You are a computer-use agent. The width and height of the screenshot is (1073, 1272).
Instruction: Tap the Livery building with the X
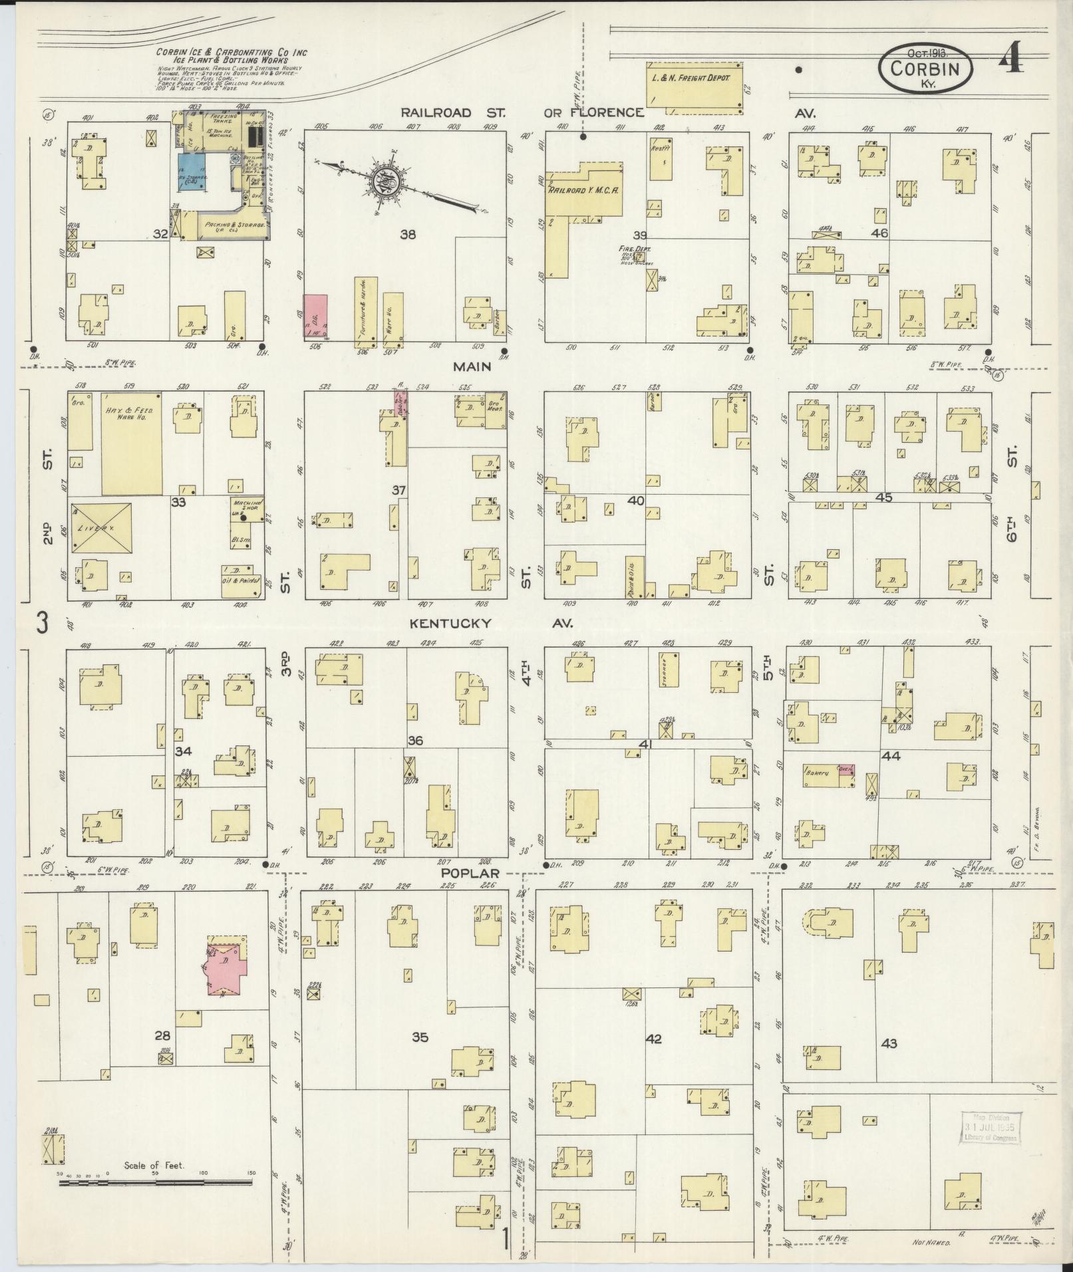101,528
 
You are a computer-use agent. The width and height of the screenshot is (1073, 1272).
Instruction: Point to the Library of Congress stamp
991,1127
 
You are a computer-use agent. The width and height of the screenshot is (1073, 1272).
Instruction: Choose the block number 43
889,1062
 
